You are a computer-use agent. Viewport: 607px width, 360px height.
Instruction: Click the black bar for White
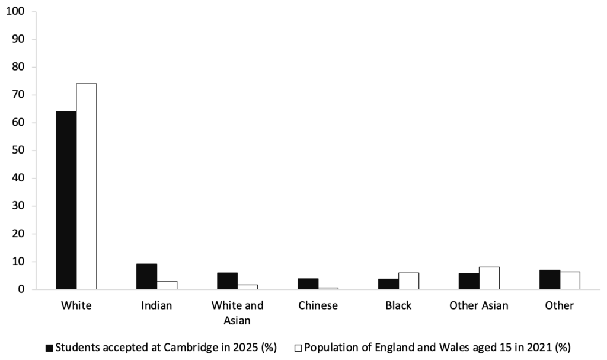pyautogui.click(x=66, y=200)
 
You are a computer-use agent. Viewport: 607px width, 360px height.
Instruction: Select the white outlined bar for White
pyautogui.click(x=87, y=186)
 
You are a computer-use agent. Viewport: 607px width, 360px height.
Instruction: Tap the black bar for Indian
pyautogui.click(x=146, y=276)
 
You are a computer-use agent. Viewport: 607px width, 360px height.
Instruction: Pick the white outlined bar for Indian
pyautogui.click(x=167, y=285)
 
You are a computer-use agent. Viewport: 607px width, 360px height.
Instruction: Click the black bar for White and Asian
pyautogui.click(x=227, y=281)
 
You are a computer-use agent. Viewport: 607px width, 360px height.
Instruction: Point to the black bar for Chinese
pyautogui.click(x=308, y=283)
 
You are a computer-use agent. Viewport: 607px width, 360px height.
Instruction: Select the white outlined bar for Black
pyautogui.click(x=409, y=281)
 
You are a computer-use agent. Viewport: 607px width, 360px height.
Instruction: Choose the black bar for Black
pyautogui.click(x=388, y=284)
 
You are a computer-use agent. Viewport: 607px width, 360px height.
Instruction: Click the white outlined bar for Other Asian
pyautogui.click(x=489, y=278)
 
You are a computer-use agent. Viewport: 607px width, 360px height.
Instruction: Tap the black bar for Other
pyautogui.click(x=550, y=279)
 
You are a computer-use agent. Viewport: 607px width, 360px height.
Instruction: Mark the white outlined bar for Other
pyautogui.click(x=570, y=281)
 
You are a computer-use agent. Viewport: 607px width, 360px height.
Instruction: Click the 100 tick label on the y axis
pyautogui.click(x=15, y=11)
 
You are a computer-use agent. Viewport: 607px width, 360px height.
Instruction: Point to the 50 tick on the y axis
pyautogui.click(x=18, y=150)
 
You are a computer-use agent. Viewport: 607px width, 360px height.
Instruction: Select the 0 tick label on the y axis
pyautogui.click(x=21, y=289)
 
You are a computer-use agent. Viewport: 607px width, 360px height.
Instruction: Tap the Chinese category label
pyautogui.click(x=318, y=305)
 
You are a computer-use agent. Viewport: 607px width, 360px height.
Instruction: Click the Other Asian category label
pyautogui.click(x=479, y=305)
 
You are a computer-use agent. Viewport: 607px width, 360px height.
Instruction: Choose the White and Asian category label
pyautogui.click(x=237, y=313)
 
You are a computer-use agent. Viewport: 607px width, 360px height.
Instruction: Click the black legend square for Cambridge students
pyautogui.click(x=49, y=348)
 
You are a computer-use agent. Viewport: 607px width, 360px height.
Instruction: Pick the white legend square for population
pyautogui.click(x=298, y=348)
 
